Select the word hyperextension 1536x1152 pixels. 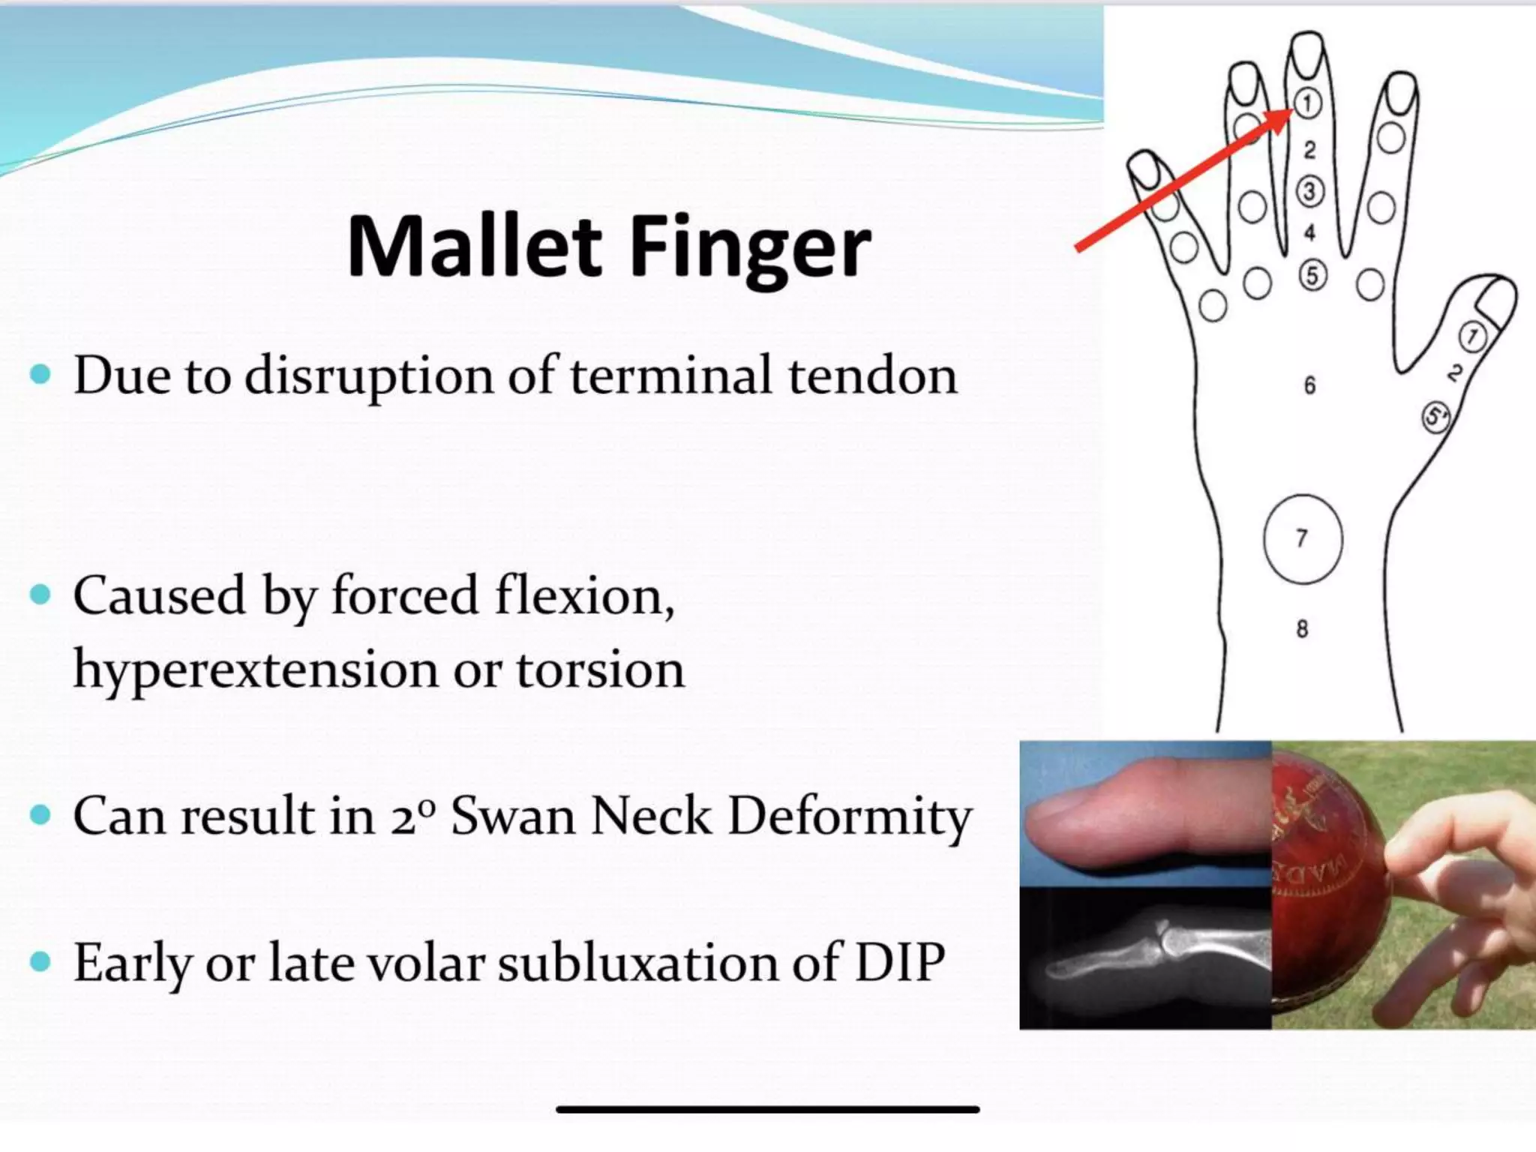(x=255, y=669)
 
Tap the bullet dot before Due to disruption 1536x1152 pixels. (x=40, y=373)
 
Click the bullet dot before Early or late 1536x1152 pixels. (x=40, y=961)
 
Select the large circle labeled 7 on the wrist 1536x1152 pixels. (x=1302, y=538)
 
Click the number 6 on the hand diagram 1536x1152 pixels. (x=1309, y=385)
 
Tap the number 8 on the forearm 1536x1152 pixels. (x=1302, y=628)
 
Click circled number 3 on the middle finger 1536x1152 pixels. (x=1309, y=191)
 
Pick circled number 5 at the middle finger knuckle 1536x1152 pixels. (x=1312, y=275)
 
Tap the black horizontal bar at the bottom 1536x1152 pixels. (x=767, y=1108)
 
